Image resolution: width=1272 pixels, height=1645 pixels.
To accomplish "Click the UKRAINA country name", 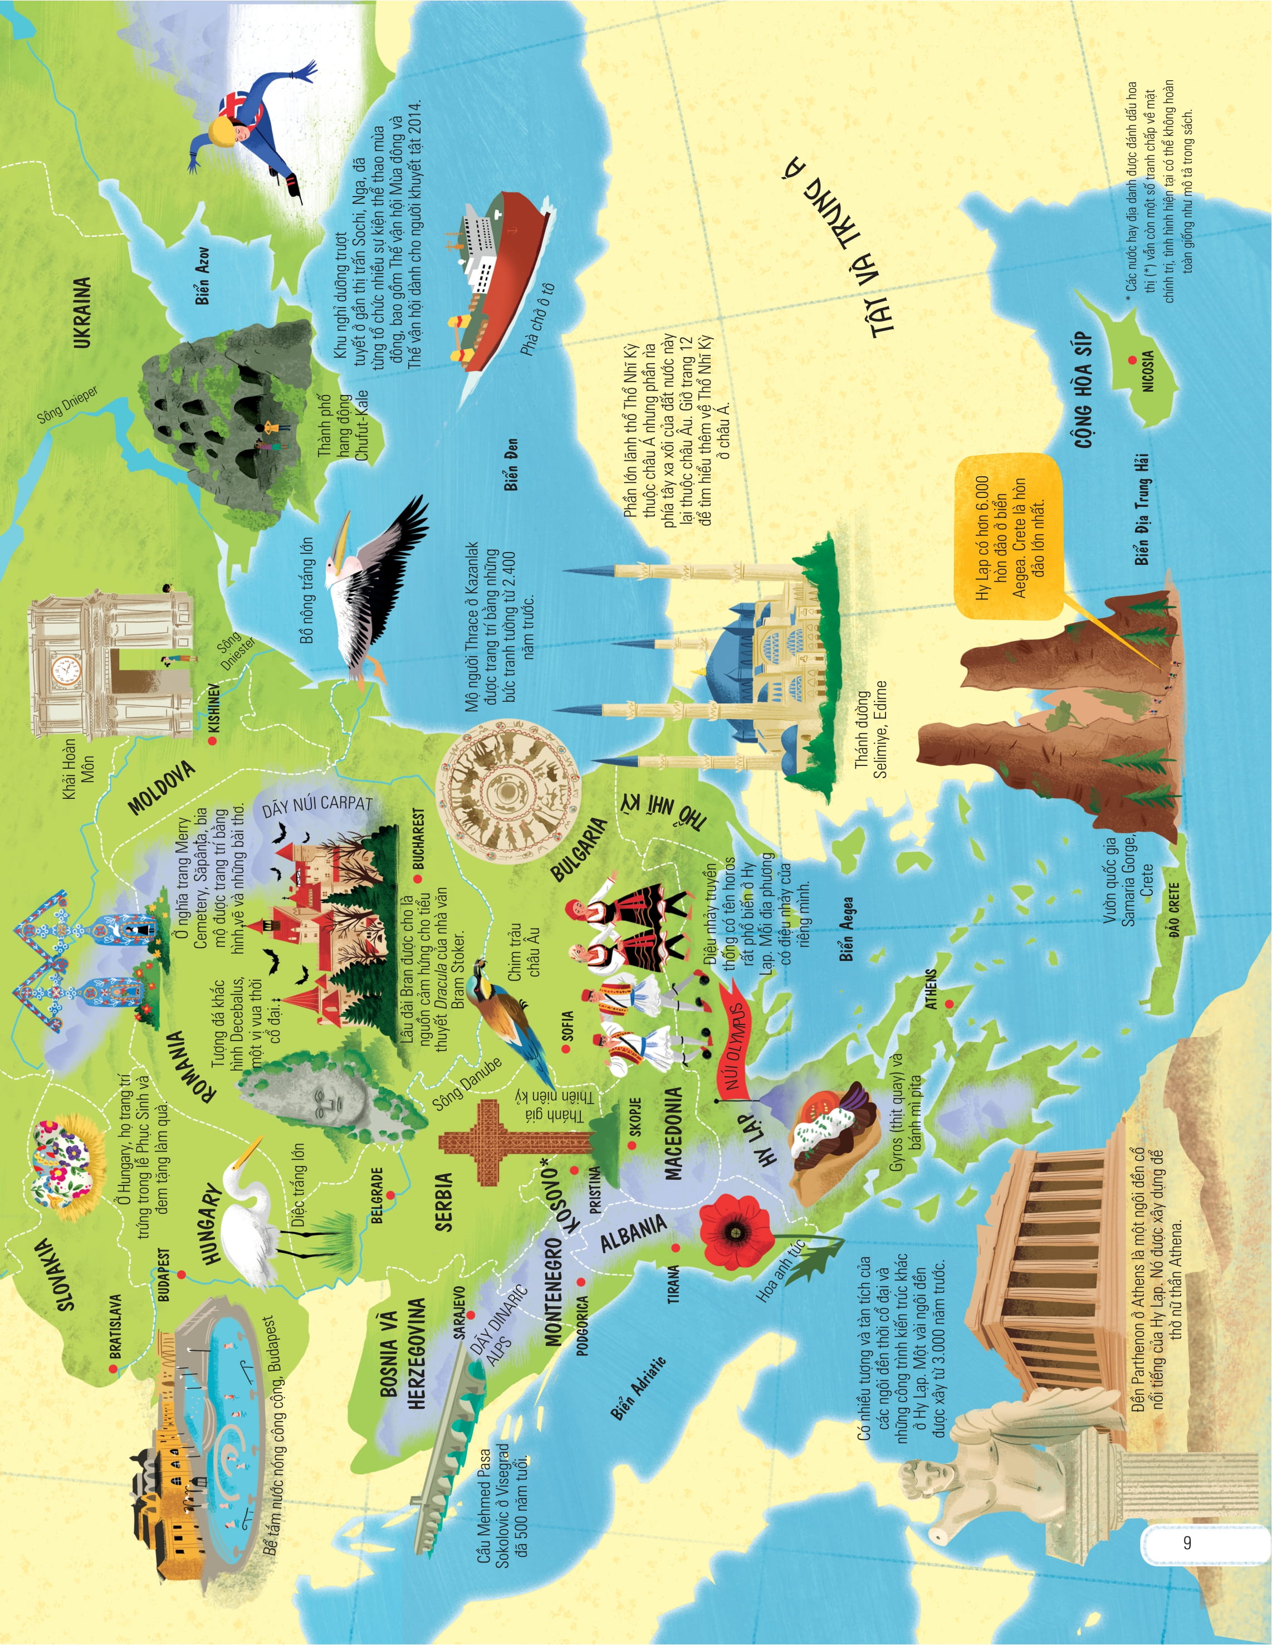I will (82, 312).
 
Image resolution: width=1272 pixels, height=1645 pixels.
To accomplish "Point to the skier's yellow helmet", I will (222, 133).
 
